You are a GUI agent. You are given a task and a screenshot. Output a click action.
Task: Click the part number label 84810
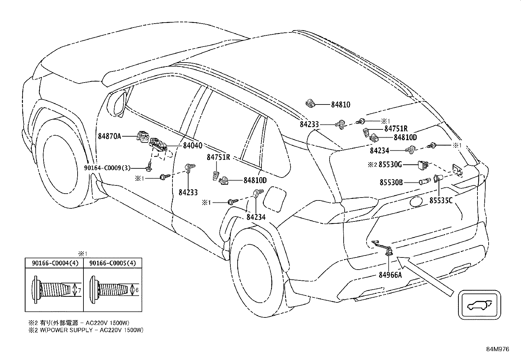340,105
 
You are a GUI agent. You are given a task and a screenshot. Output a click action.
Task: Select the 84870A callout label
109,136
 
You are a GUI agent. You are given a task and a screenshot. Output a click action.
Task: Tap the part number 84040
192,145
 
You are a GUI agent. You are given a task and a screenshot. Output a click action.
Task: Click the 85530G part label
390,165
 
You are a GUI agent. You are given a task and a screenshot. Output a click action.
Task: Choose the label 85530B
391,182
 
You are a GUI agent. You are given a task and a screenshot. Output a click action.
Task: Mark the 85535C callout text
441,200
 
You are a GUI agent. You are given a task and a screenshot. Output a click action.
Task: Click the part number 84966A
390,275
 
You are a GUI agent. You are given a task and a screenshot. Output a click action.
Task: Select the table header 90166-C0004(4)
55,263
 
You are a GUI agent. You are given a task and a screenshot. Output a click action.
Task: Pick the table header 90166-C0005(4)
113,263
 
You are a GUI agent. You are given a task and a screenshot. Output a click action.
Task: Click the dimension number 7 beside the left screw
79,290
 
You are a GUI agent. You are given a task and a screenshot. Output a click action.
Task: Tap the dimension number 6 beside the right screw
137,290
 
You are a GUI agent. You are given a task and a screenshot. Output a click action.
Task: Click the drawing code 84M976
497,349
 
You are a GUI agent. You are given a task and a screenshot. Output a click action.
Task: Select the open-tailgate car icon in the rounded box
479,305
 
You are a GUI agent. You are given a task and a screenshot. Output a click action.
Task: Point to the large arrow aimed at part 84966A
425,277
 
